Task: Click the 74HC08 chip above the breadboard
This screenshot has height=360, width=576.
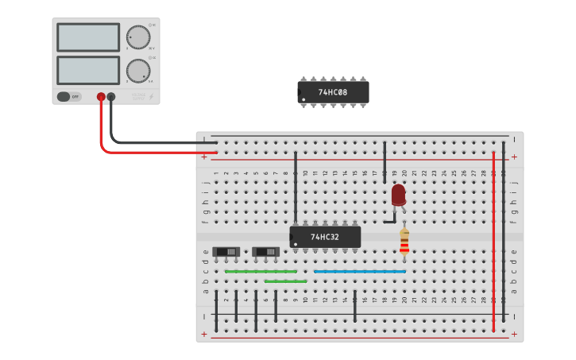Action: click(x=333, y=92)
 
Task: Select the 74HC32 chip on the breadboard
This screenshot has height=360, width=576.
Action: click(x=325, y=237)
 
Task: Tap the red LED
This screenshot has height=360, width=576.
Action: click(x=398, y=194)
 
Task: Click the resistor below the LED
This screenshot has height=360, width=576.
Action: click(x=404, y=242)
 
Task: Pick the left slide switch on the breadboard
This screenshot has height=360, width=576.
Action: click(x=226, y=252)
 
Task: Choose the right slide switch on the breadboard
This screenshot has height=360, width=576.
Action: click(x=266, y=252)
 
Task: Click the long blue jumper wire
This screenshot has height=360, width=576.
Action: click(x=359, y=271)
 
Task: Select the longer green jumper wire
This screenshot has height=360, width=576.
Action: click(x=261, y=271)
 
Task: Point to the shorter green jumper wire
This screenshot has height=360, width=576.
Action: click(x=285, y=281)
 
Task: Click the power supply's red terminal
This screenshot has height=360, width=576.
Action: click(x=101, y=97)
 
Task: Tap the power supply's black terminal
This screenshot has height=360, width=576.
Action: click(x=111, y=97)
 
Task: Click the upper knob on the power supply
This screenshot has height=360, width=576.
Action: click(x=137, y=37)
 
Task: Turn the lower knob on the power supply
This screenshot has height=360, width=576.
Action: click(x=137, y=71)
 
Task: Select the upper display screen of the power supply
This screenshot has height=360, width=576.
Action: click(x=88, y=37)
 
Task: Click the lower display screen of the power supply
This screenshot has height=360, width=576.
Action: click(x=88, y=70)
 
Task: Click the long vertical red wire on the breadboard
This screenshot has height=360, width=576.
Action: click(x=493, y=238)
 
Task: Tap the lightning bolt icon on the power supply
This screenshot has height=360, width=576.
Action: click(x=153, y=97)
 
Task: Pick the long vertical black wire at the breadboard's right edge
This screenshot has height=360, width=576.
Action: click(x=504, y=230)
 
